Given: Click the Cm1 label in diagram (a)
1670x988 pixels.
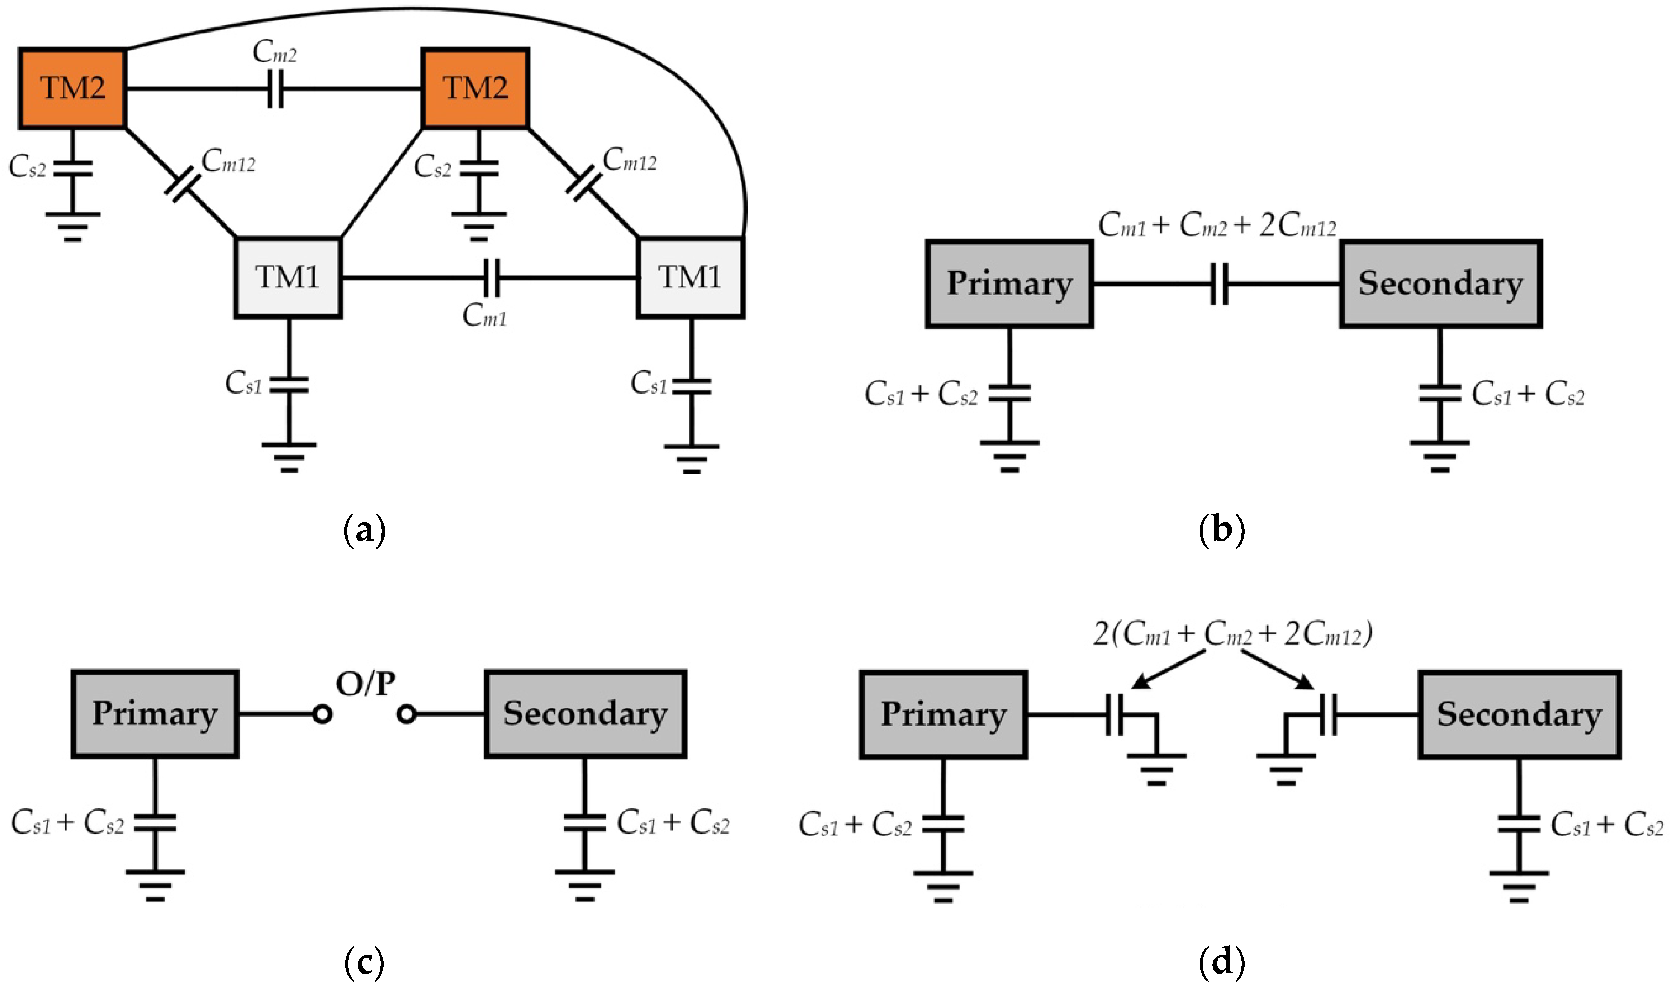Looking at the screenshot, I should tap(484, 315).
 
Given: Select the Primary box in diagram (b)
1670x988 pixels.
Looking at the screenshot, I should tap(1009, 284).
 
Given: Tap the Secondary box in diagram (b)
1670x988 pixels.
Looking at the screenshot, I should tap(1440, 284).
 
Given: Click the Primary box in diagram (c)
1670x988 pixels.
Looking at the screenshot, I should tap(154, 714).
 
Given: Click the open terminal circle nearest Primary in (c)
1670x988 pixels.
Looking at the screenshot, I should tap(322, 714).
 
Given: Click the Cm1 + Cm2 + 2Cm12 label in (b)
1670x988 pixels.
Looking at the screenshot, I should tap(1217, 226).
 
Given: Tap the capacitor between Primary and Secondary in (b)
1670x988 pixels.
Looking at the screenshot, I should tap(1219, 284).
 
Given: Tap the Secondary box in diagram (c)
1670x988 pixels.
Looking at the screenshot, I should tap(585, 714).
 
